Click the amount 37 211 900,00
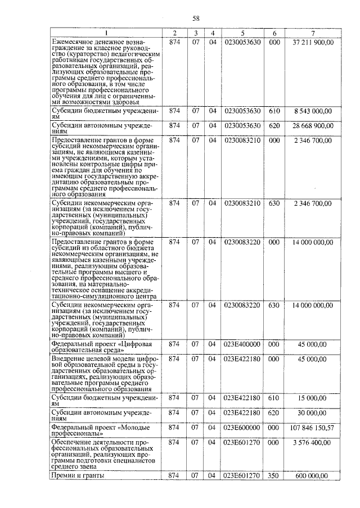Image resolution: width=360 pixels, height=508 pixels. point(313,42)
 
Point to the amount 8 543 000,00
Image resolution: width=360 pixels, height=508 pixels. point(313,111)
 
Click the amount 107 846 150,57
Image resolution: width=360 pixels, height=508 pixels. point(313,428)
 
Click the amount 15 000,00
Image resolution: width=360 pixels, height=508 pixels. point(313,398)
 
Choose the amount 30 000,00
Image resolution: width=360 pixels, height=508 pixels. point(313,413)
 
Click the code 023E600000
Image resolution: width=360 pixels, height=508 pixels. point(242,428)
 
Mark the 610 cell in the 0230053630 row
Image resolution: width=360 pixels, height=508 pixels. point(274,111)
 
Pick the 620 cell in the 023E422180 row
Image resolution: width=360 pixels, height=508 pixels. point(274,413)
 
